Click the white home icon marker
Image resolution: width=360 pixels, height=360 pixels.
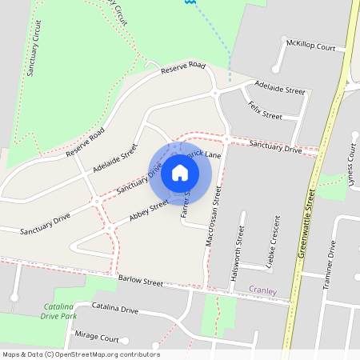pos(180,172)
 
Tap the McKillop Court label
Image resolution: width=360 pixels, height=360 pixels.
pos(311,47)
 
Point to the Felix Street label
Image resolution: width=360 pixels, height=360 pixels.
pos(265,110)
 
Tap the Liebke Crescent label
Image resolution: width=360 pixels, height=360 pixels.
pos(273,241)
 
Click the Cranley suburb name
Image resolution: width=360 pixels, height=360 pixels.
pos(262,291)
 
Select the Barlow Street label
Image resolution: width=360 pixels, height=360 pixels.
pos(140,282)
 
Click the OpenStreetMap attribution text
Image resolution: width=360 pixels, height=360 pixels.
pos(81,354)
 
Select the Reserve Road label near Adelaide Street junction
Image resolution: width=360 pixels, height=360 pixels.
pos(183,69)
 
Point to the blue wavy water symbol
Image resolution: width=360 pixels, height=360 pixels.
pos(189,3)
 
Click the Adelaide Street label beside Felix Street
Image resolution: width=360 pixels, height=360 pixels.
pos(280,87)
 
